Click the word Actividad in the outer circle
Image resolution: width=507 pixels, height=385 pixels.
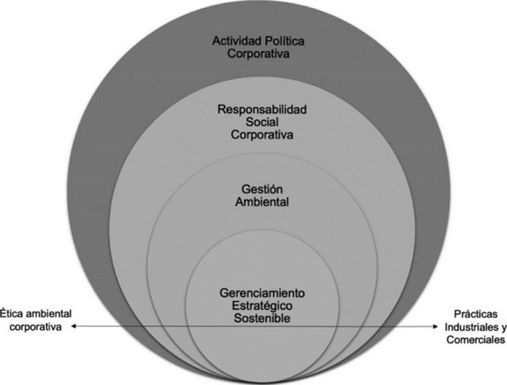(237, 41)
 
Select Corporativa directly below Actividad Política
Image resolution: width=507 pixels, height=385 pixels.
(258, 54)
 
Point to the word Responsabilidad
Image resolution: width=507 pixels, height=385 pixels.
(262, 109)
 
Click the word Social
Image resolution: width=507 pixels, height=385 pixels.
(262, 122)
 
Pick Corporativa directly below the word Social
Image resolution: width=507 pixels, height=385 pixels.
(262, 135)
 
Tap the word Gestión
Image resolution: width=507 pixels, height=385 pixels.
(262, 190)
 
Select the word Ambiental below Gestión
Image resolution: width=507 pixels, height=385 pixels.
(262, 202)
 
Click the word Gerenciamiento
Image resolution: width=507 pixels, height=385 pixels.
(262, 293)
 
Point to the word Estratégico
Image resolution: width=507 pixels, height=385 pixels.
(262, 306)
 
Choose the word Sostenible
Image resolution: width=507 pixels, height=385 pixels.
(262, 318)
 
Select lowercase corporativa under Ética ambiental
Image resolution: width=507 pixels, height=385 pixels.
(35, 327)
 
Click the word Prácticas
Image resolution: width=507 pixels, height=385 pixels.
(476, 314)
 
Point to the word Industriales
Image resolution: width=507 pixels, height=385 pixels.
(472, 327)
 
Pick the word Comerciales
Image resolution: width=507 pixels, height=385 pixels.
(476, 340)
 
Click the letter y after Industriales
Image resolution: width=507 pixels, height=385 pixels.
(504, 328)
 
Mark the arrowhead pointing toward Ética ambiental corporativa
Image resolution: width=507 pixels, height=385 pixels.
(73, 326)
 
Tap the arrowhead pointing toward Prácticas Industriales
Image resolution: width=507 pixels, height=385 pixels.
(435, 326)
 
